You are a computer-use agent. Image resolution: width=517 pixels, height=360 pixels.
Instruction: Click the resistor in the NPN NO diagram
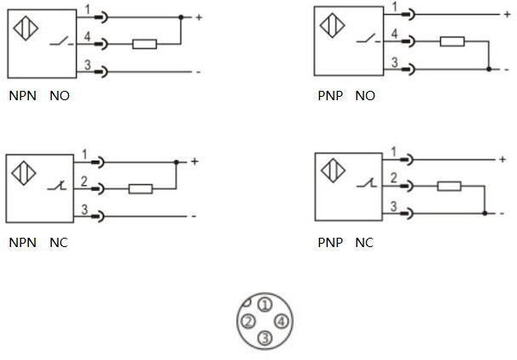145,42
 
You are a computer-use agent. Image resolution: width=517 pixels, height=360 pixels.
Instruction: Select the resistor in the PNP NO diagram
452,41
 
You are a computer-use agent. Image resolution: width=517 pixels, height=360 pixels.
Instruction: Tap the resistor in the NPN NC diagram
140,188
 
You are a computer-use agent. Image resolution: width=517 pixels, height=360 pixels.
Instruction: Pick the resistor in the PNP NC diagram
448,186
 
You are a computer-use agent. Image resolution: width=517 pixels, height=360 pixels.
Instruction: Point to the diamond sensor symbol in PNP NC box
333,168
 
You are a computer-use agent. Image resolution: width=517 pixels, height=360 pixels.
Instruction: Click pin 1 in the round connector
265,304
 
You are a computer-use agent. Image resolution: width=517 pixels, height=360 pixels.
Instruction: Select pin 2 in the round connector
248,321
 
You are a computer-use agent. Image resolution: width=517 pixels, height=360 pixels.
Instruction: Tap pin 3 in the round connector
265,338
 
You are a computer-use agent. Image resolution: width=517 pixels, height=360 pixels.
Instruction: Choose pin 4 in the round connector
282,321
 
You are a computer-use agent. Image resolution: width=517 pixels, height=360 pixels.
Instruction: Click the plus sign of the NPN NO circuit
199,17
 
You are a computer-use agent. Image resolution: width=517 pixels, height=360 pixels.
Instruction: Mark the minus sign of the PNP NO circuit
507,69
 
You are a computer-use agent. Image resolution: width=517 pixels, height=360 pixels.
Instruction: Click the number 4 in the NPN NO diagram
86,35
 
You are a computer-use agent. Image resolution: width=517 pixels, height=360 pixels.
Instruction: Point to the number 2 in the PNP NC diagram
393,178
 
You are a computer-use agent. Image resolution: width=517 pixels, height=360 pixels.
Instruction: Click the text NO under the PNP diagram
365,96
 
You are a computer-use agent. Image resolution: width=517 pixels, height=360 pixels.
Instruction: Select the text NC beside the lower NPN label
59,243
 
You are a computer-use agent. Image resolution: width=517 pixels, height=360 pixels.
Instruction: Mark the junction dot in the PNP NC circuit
484,212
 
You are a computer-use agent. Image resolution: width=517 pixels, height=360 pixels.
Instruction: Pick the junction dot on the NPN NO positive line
181,17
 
